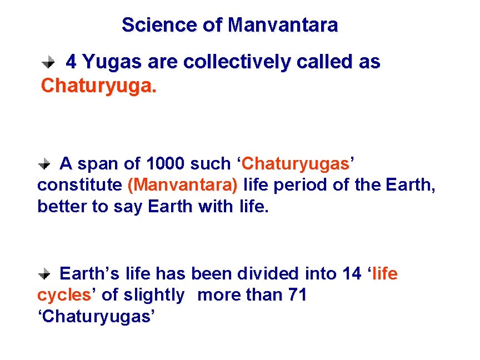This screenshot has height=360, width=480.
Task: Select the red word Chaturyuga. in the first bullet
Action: click(99, 86)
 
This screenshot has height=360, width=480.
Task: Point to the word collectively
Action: click(237, 62)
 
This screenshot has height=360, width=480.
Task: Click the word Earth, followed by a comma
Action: click(410, 185)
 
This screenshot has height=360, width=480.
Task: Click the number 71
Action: click(297, 295)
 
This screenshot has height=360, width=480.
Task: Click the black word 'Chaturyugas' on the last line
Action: click(96, 316)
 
